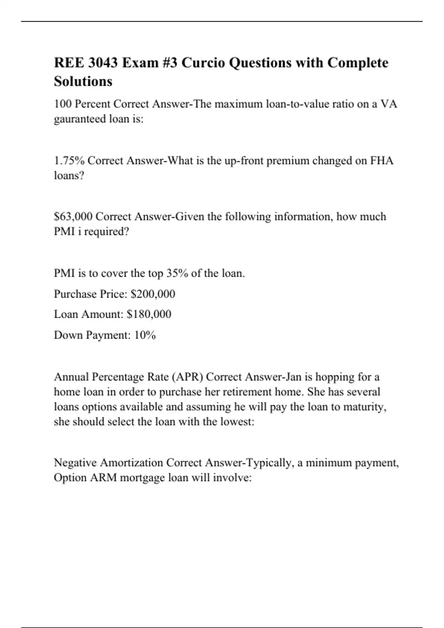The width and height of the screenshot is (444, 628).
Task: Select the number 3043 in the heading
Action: pyautogui.click(x=102, y=63)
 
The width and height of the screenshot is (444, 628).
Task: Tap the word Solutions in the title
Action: pyautogui.click(x=83, y=81)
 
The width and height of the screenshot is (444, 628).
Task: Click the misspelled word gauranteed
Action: pyautogui.click(x=80, y=119)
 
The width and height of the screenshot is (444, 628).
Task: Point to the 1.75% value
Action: pyautogui.click(x=69, y=161)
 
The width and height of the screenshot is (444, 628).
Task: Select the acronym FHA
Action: pyautogui.click(x=381, y=161)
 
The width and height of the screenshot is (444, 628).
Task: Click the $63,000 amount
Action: pyautogui.click(x=73, y=216)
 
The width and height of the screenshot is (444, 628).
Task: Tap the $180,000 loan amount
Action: pyautogui.click(x=149, y=314)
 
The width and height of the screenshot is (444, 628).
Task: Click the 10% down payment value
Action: pyautogui.click(x=145, y=335)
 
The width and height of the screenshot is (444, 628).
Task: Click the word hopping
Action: pyautogui.click(x=334, y=377)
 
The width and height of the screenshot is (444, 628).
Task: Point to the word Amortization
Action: pyautogui.click(x=131, y=463)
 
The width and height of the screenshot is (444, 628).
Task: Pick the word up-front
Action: pyautogui.click(x=244, y=161)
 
